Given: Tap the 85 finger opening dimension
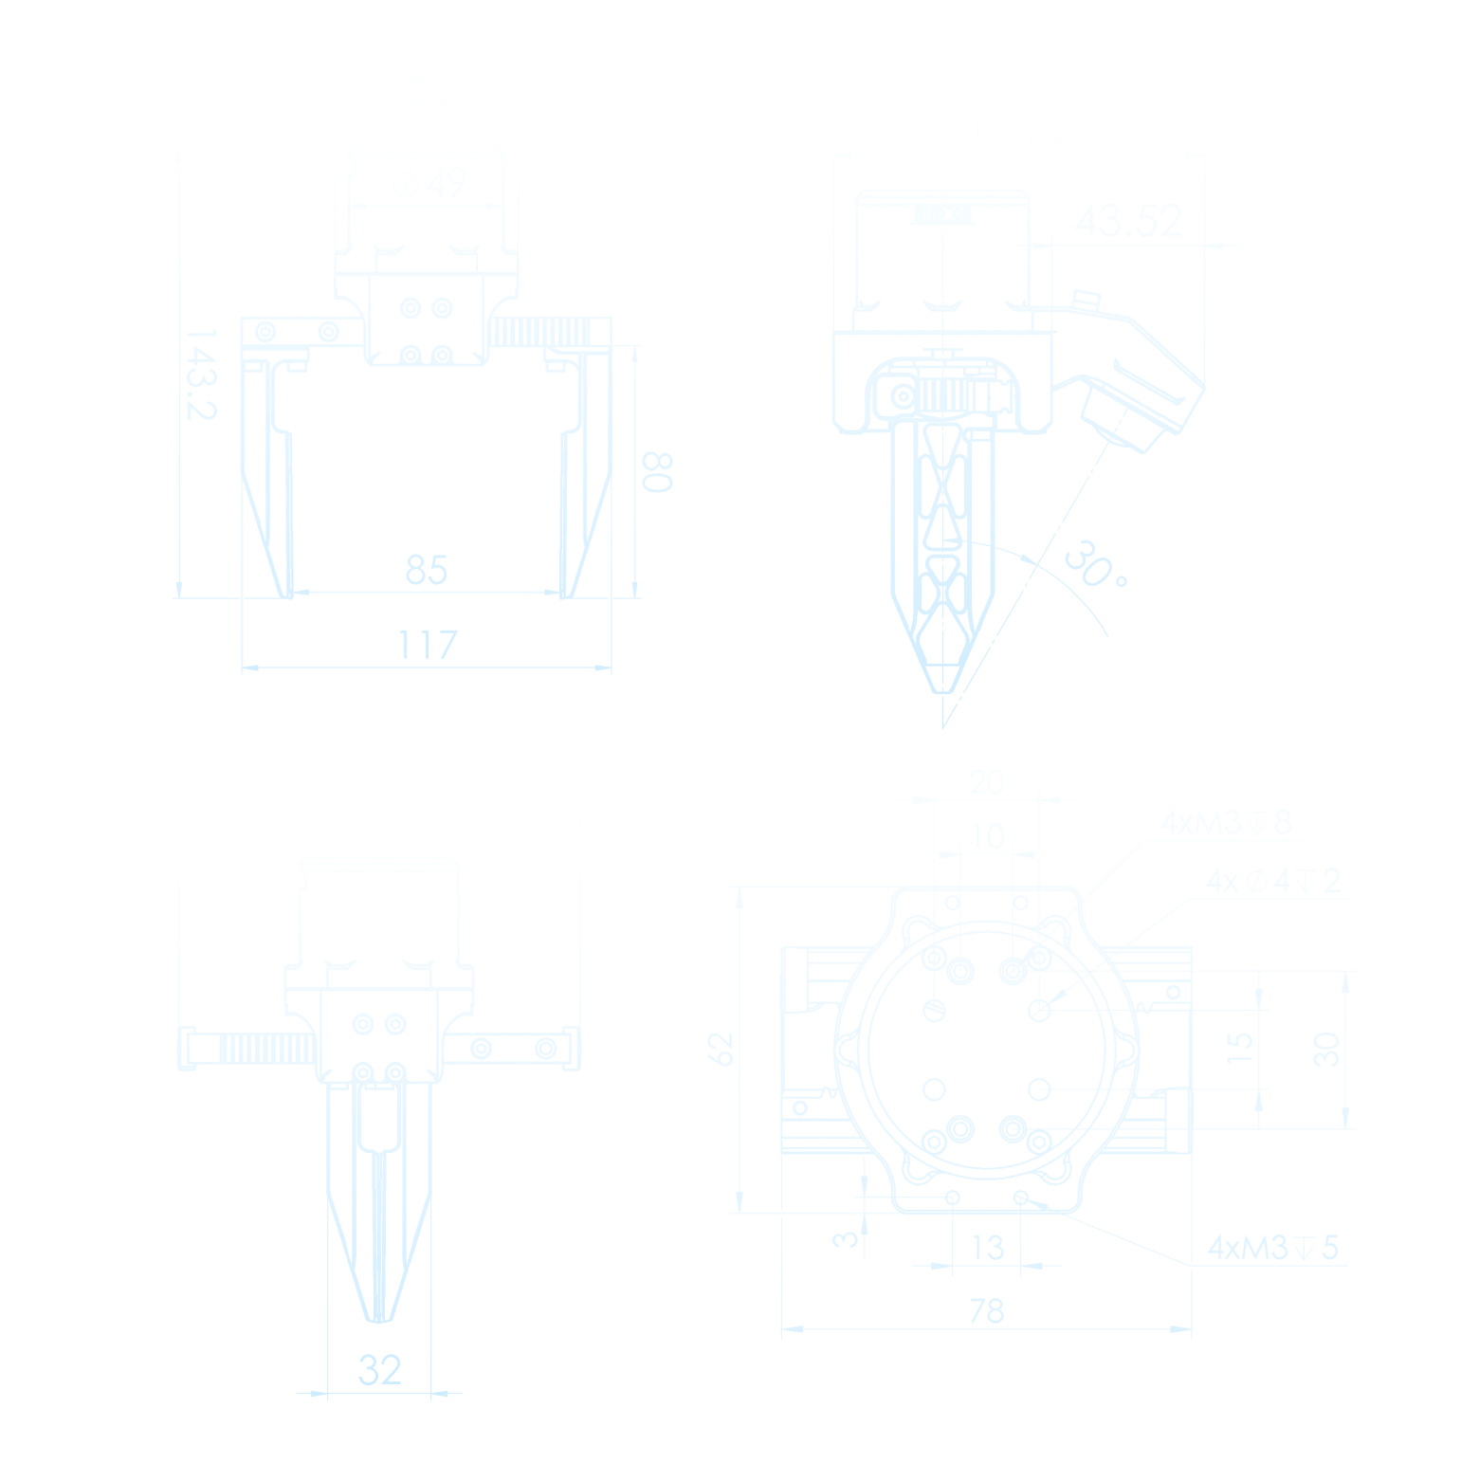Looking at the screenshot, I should [x=426, y=570].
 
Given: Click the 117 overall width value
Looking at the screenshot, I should [x=427, y=646].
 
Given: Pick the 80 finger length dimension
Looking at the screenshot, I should [x=657, y=471].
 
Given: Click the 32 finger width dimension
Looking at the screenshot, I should [x=379, y=1370].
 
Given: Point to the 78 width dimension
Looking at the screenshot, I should [x=986, y=1311].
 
